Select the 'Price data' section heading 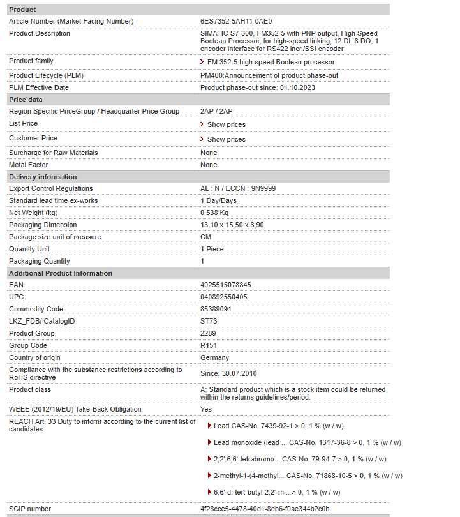26,100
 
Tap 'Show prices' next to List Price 226,124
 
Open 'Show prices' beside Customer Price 226,139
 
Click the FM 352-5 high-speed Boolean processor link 271,62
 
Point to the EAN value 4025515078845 226,285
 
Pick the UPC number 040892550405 224,297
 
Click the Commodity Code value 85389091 216,309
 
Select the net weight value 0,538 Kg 214,213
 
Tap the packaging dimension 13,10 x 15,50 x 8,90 232,225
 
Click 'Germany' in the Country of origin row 214,357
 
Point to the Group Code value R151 209,345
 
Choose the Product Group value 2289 208,333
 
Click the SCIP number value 265,509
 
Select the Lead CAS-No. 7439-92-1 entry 278,426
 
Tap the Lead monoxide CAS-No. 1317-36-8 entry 307,442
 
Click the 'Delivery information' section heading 43,177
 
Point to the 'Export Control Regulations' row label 51,188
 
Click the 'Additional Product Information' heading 61,273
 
